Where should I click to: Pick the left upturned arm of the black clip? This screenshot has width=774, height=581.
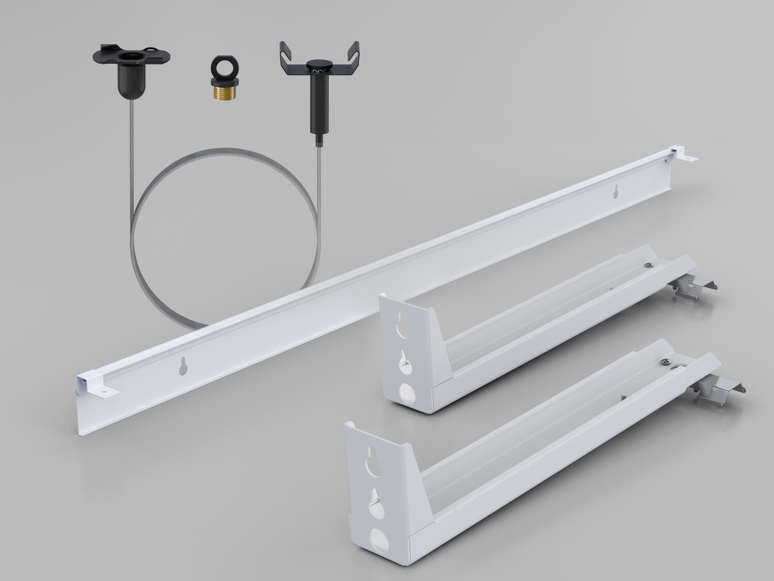tap(285, 55)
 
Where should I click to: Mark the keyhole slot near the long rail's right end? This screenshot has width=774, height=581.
tap(615, 192)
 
